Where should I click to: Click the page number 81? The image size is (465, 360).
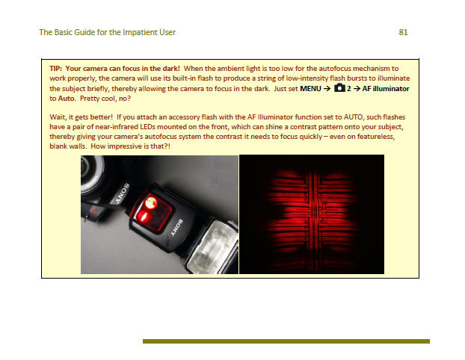403,32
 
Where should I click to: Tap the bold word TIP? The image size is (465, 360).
56,69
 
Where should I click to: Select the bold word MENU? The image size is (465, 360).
310,89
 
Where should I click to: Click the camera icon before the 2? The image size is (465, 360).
339,88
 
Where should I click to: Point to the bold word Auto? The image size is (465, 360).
67,99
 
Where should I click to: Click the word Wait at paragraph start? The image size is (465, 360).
58,117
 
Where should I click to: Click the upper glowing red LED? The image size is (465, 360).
151,202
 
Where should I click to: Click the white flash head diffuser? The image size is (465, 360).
212,245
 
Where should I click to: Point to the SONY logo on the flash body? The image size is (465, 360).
177,228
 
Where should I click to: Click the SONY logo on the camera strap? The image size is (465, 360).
123,193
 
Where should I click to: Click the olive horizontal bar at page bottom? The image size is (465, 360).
286,341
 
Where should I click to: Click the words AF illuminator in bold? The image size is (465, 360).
386,89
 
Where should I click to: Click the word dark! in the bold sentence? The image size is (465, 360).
170,69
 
